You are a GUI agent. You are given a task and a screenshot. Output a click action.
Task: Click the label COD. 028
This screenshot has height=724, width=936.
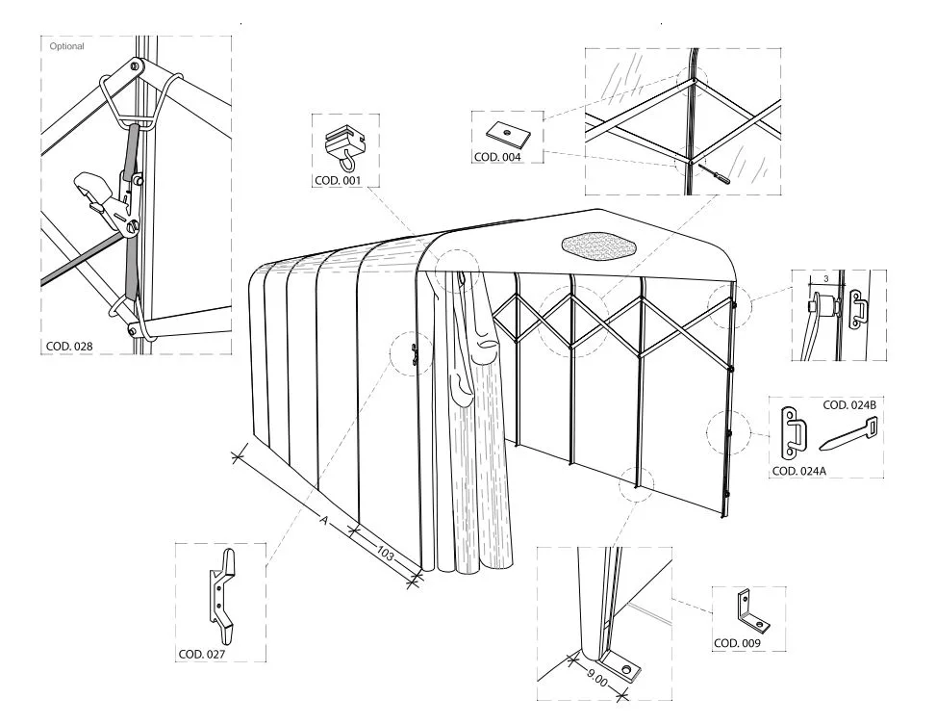69,346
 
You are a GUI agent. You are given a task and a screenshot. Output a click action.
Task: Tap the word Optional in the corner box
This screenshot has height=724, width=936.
67,46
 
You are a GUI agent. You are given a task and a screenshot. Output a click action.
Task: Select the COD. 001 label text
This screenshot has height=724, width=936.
338,180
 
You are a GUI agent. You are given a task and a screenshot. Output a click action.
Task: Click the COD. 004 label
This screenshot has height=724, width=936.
497,157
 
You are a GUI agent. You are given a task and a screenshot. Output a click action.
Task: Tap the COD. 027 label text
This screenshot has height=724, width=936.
202,654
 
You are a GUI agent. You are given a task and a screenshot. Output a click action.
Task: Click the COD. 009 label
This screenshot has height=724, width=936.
737,643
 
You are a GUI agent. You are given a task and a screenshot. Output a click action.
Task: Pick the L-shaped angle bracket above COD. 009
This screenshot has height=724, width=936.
751,612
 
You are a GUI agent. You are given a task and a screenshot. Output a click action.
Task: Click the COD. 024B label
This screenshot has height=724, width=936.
849,405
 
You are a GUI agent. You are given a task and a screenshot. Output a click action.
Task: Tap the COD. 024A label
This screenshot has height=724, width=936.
799,471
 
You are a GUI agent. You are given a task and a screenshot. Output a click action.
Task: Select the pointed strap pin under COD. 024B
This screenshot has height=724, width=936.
848,434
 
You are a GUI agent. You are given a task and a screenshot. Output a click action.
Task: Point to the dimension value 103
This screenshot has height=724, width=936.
386,555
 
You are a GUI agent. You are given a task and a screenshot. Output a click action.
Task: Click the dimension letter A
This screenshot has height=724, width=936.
324,520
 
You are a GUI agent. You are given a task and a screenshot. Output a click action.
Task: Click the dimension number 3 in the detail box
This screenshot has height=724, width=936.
825,279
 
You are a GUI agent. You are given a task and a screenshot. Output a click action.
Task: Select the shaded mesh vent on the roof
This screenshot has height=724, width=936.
598,246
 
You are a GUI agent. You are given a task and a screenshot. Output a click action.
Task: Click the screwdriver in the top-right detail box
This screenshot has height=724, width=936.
714,175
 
